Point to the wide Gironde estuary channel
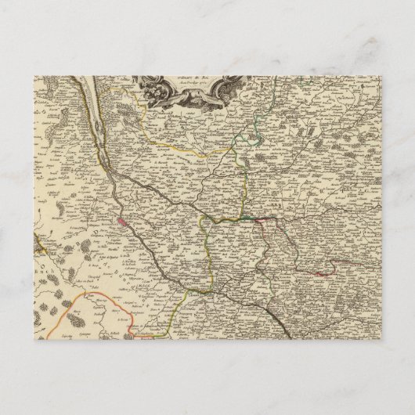pos(96,129)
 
